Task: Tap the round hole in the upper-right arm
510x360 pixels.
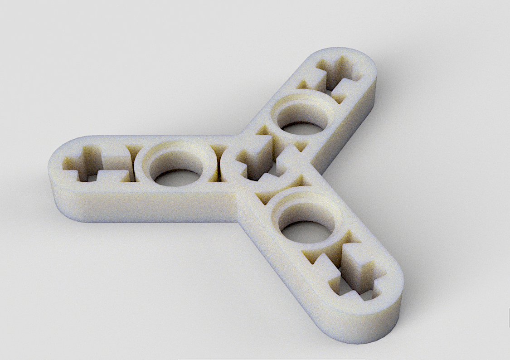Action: [301, 122]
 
